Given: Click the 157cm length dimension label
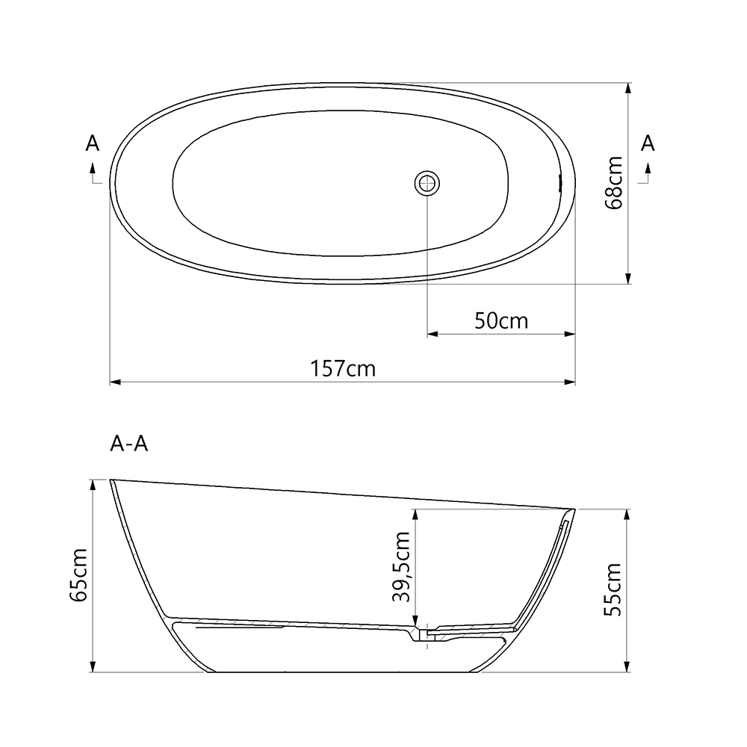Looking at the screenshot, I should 344,368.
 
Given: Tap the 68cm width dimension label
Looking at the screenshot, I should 614,182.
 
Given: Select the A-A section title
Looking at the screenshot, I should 128,444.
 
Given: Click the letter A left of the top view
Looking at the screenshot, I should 93,143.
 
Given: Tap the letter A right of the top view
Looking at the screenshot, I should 648,143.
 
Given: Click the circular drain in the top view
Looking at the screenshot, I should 427,182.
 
